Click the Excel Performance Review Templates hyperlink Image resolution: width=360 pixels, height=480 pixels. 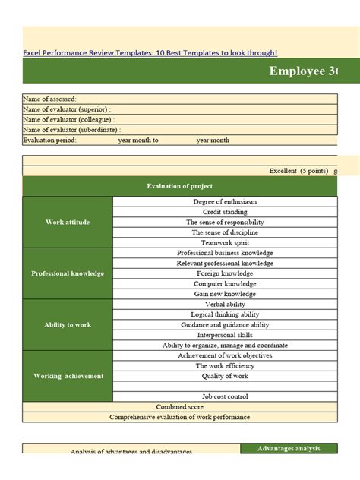[x=150, y=53]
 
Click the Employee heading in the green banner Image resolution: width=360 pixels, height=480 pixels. [x=304, y=71]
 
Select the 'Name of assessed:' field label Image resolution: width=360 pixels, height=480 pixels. [x=50, y=99]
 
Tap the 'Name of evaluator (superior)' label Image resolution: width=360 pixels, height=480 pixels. [x=68, y=109]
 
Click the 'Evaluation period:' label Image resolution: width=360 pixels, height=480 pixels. [x=50, y=141]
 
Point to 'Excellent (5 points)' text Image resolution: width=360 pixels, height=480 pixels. [x=298, y=171]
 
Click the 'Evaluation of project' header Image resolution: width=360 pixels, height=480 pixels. [x=179, y=186]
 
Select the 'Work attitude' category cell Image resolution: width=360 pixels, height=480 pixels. [x=68, y=222]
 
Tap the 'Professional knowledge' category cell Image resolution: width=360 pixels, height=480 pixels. [x=68, y=273]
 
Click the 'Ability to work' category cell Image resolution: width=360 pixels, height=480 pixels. [x=68, y=324]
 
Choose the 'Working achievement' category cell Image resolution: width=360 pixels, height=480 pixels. [x=68, y=376]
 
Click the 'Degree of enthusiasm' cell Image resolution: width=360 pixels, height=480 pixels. [x=225, y=202]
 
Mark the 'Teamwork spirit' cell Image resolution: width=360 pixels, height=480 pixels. [x=225, y=243]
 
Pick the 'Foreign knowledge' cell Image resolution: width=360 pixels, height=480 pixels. [x=225, y=273]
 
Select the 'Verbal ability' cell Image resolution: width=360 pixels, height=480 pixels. [x=225, y=305]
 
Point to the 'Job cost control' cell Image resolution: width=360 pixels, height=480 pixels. [x=225, y=396]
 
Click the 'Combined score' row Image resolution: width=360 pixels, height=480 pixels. [x=179, y=407]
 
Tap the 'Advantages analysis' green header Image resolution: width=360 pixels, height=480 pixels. [x=289, y=449]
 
